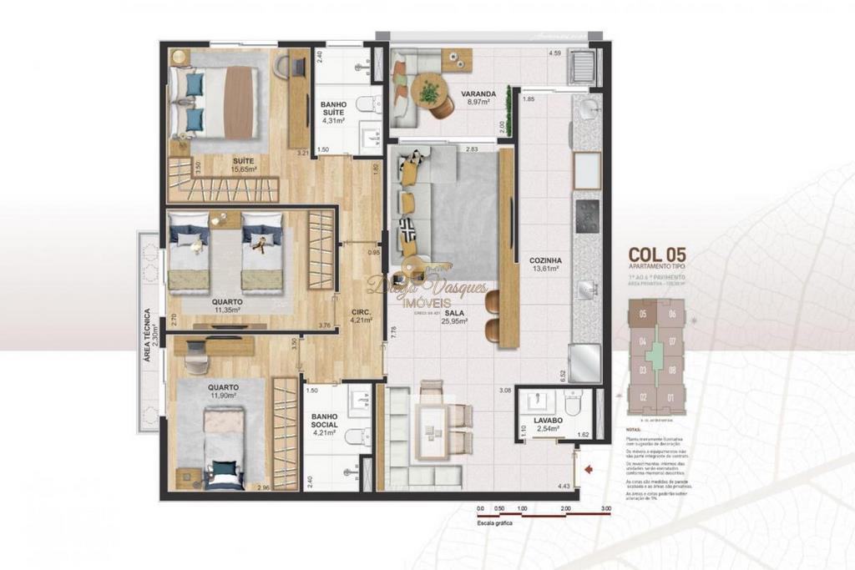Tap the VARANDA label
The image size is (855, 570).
(x=481, y=93)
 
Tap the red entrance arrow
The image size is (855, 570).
(x=589, y=470)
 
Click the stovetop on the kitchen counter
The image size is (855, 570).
(x=587, y=214)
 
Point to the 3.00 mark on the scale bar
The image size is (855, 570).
(x=605, y=507)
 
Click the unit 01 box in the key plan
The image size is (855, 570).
(x=670, y=397)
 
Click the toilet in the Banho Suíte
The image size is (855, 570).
(x=366, y=104)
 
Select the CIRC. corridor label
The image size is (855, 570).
(x=361, y=309)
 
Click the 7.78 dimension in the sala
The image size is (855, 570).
(x=393, y=332)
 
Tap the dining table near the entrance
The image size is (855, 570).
(x=433, y=429)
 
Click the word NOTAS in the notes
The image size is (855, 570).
(x=634, y=429)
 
